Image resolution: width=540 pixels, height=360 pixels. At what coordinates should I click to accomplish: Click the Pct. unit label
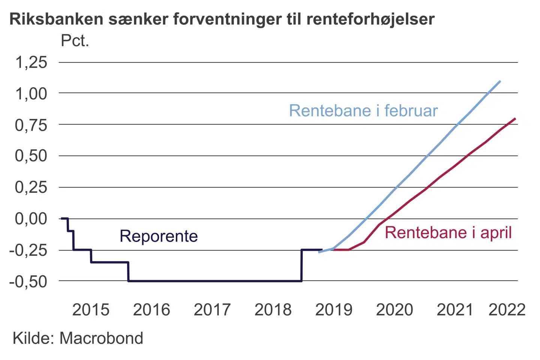(75, 41)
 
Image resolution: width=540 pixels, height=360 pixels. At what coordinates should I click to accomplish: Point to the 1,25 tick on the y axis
(31, 62)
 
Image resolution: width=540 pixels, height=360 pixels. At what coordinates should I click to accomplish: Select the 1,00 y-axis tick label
(31, 93)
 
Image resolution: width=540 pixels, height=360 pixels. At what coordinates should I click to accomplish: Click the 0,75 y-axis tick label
(31, 125)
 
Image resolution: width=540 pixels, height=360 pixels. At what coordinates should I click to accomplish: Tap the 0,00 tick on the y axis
(31, 218)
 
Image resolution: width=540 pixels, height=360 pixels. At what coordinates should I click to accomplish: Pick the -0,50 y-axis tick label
(28, 281)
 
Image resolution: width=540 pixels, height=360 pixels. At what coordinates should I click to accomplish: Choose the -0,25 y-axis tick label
(28, 250)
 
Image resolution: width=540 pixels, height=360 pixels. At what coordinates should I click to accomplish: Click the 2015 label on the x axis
(91, 310)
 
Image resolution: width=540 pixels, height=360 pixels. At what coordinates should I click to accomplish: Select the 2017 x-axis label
(212, 310)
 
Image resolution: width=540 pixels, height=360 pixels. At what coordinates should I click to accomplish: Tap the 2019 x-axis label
(334, 310)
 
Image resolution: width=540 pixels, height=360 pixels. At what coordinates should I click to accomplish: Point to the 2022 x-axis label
(507, 310)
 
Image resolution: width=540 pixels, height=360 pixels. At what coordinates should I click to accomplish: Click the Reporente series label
(159, 236)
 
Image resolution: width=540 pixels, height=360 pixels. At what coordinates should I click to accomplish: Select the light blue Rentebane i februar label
(363, 111)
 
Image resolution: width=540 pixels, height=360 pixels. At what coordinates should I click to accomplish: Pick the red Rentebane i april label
(448, 232)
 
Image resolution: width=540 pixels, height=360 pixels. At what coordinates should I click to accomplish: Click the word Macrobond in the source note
(101, 338)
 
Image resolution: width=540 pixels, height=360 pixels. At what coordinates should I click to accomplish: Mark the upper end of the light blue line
(500, 81)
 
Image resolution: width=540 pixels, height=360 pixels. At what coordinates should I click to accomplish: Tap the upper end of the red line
(515, 118)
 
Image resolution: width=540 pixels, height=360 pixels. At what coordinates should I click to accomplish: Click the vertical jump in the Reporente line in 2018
(301, 265)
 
